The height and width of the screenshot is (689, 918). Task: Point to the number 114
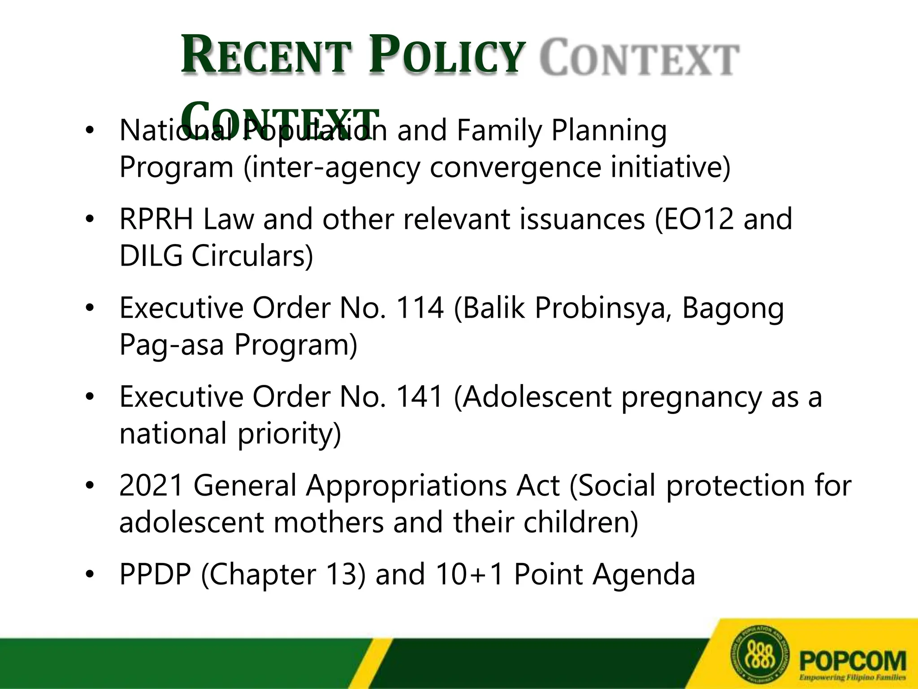click(420, 309)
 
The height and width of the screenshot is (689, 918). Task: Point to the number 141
click(420, 397)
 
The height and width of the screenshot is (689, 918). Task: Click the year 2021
click(152, 486)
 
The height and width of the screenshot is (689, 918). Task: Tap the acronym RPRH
click(156, 220)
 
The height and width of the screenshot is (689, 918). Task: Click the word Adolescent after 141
click(536, 397)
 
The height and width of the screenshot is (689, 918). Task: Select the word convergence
click(515, 168)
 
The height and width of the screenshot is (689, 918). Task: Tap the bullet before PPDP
click(90, 575)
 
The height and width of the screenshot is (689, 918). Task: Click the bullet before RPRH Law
click(90, 220)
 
